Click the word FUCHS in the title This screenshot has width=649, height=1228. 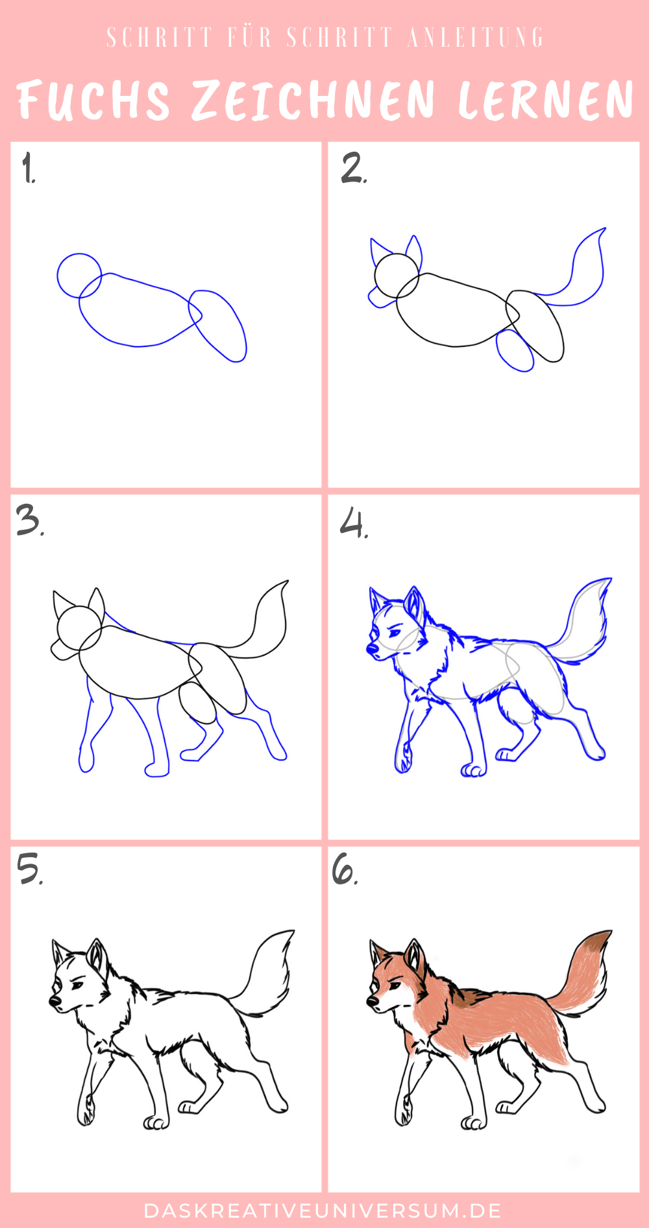[x=93, y=100]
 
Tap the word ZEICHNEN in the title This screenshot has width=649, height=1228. [x=313, y=100]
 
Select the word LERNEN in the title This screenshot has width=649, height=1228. [x=545, y=100]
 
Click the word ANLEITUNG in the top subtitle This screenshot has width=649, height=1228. [x=476, y=38]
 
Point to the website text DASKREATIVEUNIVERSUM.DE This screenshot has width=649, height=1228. [x=323, y=1210]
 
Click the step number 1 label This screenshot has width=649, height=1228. [x=29, y=169]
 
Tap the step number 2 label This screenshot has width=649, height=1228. [x=354, y=169]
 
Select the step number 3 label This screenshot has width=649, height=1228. [x=30, y=521]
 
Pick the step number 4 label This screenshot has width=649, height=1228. [x=354, y=523]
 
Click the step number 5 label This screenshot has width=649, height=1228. [x=30, y=869]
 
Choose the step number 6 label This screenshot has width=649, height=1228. [x=345, y=869]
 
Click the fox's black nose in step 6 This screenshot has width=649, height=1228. [x=373, y=1002]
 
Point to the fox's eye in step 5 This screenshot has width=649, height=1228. [x=77, y=986]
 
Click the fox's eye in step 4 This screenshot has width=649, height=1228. [x=393, y=632]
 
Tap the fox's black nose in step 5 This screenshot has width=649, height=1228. [x=55, y=1002]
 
